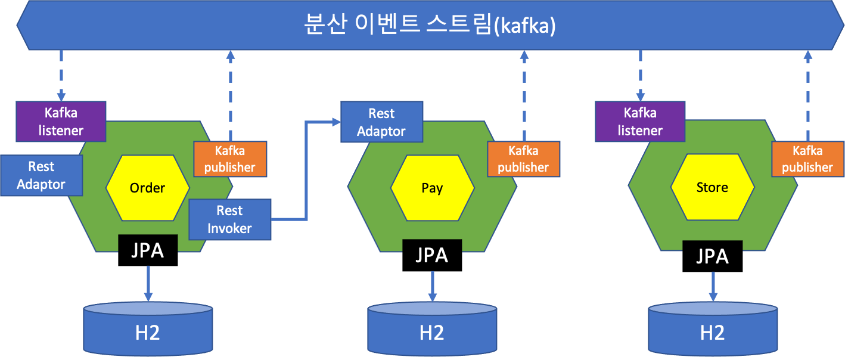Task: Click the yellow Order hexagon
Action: (x=147, y=188)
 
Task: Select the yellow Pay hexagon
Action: (x=432, y=188)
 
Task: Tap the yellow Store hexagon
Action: (x=712, y=188)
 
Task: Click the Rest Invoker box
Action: (x=229, y=219)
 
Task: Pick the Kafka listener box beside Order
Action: (x=61, y=121)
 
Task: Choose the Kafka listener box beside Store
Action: (x=640, y=121)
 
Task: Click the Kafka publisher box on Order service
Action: (x=230, y=159)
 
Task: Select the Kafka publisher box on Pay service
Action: (x=523, y=159)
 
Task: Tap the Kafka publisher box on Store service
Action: (x=807, y=159)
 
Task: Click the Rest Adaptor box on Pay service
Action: (x=381, y=122)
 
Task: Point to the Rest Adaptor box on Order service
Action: (x=41, y=175)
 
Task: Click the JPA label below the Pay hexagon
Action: (x=432, y=255)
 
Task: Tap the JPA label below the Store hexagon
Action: (x=712, y=256)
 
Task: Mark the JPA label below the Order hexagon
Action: (x=148, y=250)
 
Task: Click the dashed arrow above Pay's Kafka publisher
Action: (x=524, y=95)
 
